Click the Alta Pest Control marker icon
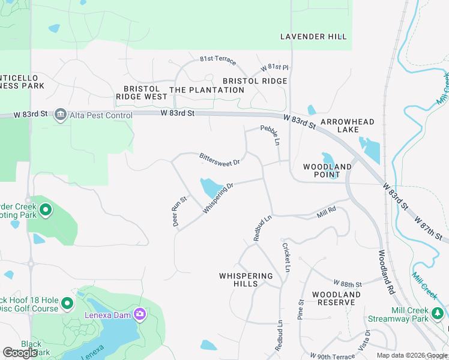[x=60, y=115]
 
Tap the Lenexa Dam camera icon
[x=140, y=314]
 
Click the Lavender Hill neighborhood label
[x=313, y=37]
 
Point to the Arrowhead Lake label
[x=348, y=125]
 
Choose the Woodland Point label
[x=327, y=170]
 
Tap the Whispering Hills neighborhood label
[x=246, y=280]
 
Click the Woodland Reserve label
[x=336, y=298]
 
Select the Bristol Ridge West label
[x=142, y=92]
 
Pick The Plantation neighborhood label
[x=207, y=90]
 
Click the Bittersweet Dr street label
[x=220, y=159]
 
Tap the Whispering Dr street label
[x=218, y=198]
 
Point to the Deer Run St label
[x=177, y=212]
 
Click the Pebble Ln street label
[x=270, y=135]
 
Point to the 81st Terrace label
[x=218, y=61]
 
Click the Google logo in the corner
[x=20, y=353]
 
